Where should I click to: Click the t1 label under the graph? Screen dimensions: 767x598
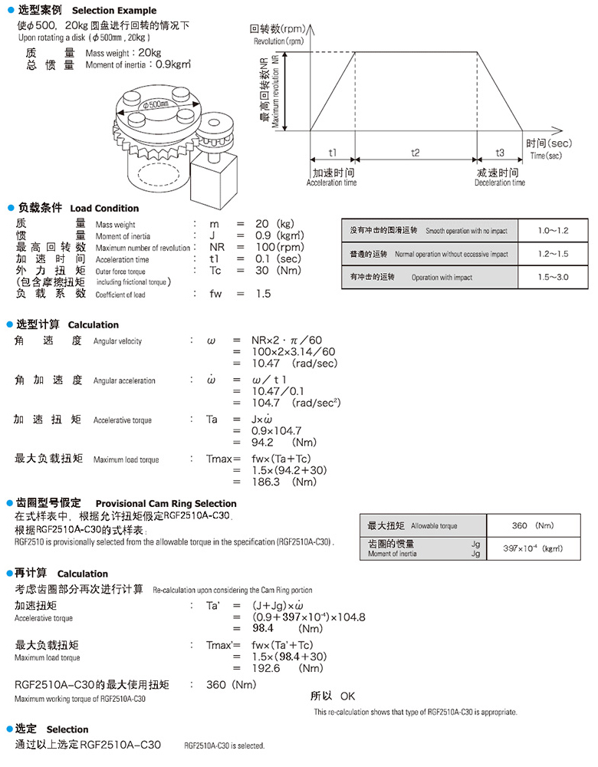[332, 152]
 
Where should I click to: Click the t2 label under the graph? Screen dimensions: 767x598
[415, 152]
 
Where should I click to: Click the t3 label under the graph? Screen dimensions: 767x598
[499, 152]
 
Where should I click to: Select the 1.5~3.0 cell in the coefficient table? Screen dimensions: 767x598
[553, 277]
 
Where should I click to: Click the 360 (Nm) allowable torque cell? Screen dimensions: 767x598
[531, 526]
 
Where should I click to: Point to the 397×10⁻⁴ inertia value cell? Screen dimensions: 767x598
[531, 548]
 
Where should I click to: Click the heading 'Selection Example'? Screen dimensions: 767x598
[113, 11]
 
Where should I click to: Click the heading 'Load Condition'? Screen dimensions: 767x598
[104, 209]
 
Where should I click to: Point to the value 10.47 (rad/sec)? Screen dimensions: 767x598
[294, 363]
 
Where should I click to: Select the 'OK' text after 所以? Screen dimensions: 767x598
[347, 696]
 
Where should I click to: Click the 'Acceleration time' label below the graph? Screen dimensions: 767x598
[331, 183]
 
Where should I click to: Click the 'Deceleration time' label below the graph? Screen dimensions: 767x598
[500, 183]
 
